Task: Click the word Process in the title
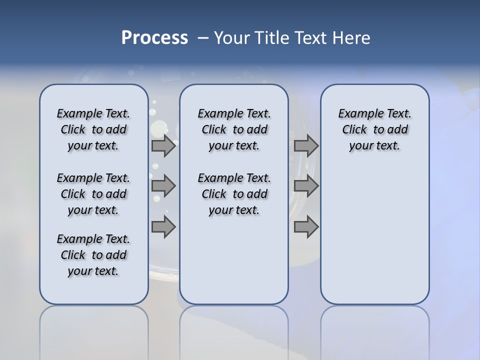(154, 37)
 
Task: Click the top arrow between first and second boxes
(163, 145)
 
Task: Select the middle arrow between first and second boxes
(163, 186)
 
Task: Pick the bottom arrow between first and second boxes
(163, 227)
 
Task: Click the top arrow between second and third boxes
(306, 145)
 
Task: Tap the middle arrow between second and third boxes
(306, 186)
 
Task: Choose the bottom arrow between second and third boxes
(306, 227)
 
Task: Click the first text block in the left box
(93, 129)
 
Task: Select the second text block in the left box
(93, 194)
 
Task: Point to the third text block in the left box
(93, 255)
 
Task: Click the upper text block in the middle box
(234, 129)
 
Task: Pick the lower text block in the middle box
(234, 194)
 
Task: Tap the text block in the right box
(374, 129)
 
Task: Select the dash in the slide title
(203, 38)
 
